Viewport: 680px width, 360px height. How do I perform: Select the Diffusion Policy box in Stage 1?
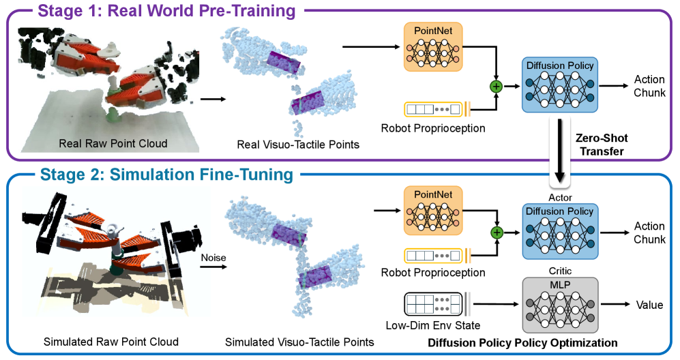[559, 86]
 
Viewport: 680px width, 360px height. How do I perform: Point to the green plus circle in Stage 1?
[497, 87]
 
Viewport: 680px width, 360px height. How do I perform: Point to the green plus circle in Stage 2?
[497, 233]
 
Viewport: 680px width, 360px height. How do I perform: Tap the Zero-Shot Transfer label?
[600, 145]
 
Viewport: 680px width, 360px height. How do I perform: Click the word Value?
[649, 306]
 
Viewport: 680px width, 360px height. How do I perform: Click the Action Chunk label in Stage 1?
[649, 86]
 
